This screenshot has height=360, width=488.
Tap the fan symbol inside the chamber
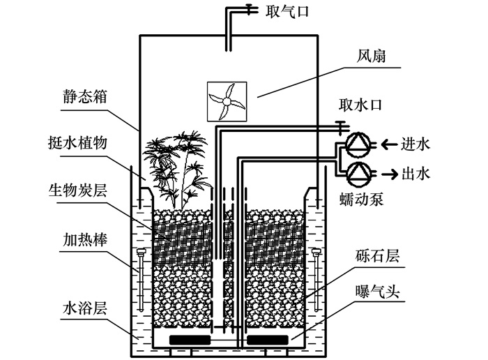(x=227, y=103)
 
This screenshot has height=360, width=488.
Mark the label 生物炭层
(x=77, y=189)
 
